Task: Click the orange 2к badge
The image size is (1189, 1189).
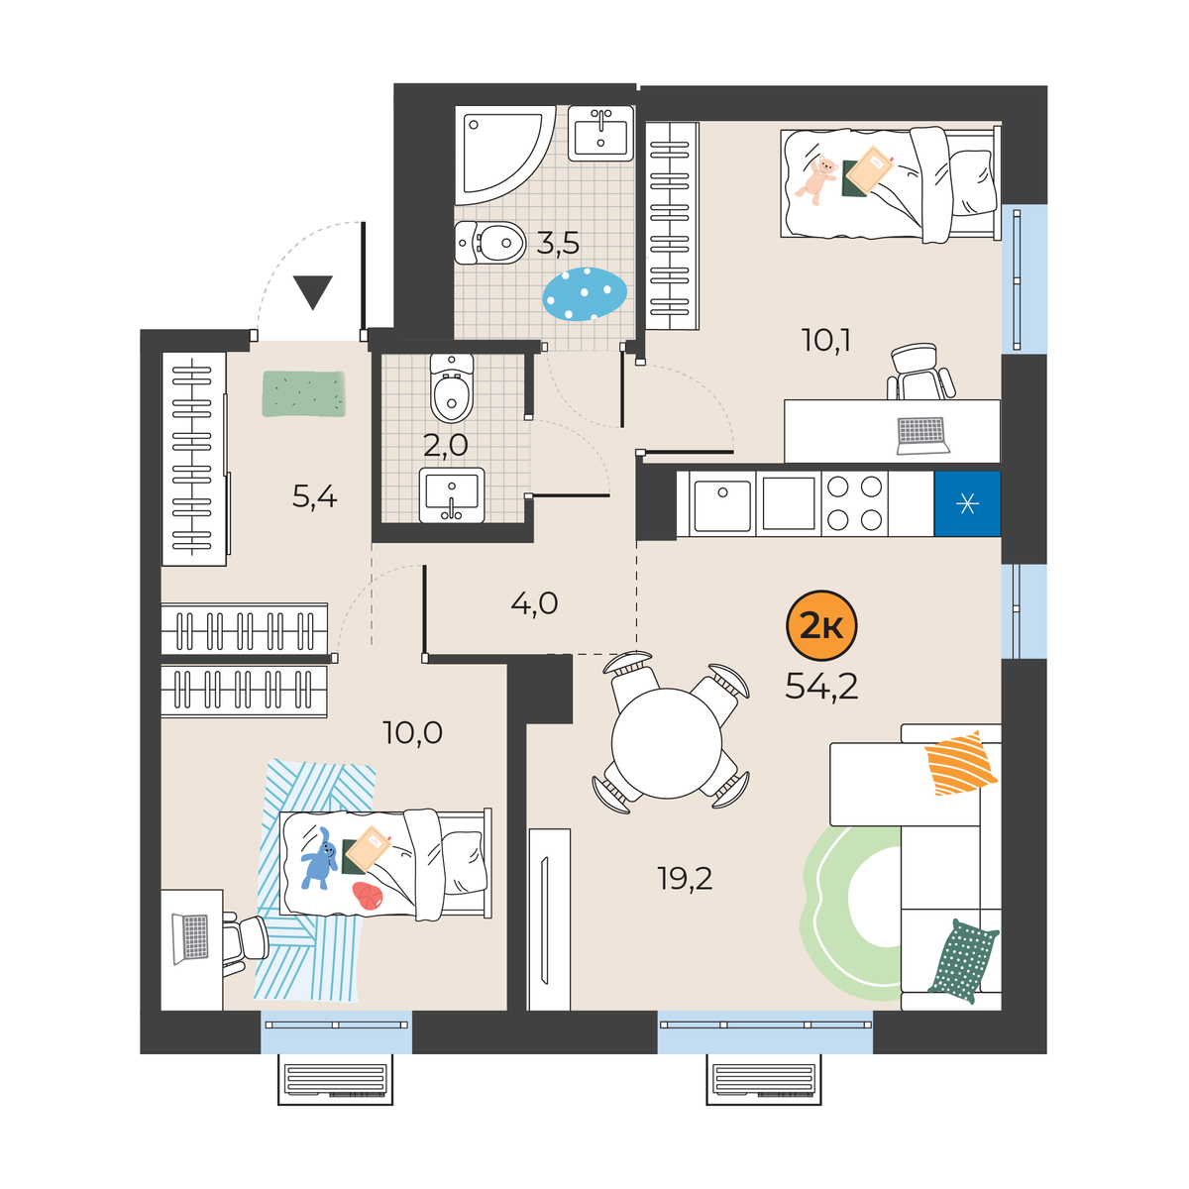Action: (820, 626)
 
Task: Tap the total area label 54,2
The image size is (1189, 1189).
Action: (821, 686)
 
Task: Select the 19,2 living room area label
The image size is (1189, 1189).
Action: (685, 879)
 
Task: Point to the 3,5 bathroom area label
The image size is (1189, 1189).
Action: (558, 244)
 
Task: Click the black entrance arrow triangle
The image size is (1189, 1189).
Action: (313, 292)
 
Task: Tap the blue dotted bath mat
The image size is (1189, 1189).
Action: (585, 294)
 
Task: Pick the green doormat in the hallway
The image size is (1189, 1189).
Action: (303, 393)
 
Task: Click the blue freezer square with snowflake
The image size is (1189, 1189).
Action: (967, 504)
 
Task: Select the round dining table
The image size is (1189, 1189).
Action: (667, 743)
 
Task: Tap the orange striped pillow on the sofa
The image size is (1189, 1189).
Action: (960, 763)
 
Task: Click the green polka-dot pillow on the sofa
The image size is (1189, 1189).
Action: (962, 961)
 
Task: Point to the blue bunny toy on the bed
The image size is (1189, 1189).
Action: (318, 858)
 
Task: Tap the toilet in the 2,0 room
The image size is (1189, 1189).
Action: (452, 387)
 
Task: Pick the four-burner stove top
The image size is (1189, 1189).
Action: (854, 503)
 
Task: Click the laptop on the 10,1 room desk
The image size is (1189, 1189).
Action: (922, 436)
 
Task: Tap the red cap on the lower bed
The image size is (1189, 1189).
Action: (368, 897)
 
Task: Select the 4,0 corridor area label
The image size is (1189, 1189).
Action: (534, 602)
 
